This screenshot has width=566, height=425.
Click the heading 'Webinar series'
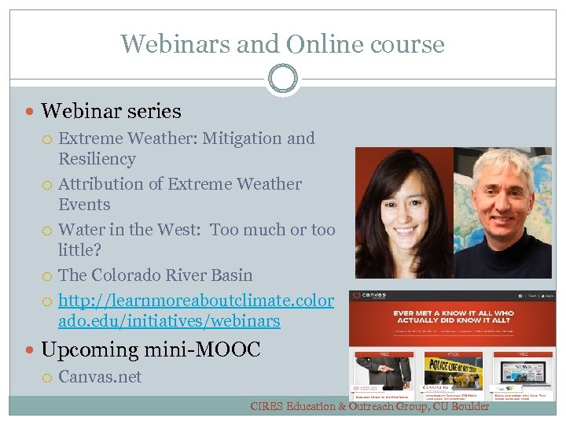(x=111, y=112)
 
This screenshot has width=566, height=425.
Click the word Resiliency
(x=97, y=159)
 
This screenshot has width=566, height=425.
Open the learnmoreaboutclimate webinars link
(x=196, y=311)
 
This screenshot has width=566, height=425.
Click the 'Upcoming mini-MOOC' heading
(x=150, y=349)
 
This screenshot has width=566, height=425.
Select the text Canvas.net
(x=100, y=377)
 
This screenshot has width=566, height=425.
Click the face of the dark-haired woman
(x=399, y=213)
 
